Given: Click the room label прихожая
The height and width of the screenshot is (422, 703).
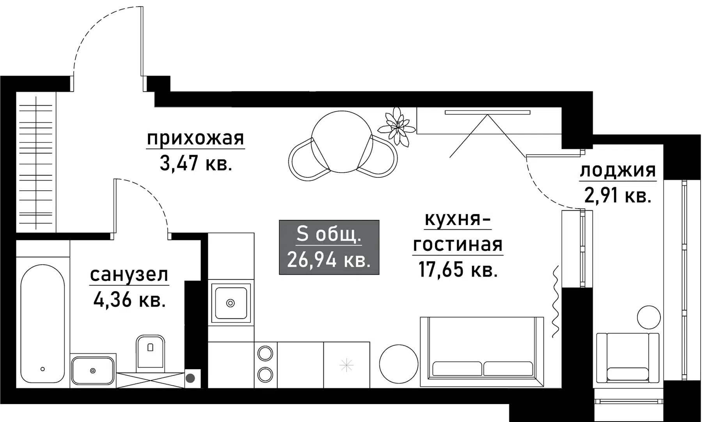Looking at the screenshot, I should [195, 139].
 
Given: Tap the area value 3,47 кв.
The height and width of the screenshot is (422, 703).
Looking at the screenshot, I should [196, 164].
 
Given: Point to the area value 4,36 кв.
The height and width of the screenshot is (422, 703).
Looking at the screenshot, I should [129, 300].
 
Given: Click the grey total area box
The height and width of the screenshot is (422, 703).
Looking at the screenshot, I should [329, 247].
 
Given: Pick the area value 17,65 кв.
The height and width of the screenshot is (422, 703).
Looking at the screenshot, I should [458, 269].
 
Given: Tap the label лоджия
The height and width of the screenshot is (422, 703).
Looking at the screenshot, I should [618, 171].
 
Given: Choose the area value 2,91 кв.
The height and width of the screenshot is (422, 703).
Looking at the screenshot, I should [618, 195].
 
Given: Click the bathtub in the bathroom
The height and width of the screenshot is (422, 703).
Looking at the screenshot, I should [43, 324].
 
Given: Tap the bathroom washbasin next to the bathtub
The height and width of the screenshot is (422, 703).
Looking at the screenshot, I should [93, 370].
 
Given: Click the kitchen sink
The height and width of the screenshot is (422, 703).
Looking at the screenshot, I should [231, 303].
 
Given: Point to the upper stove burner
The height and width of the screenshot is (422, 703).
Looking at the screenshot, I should [265, 354].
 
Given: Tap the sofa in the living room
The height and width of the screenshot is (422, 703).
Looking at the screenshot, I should [482, 352].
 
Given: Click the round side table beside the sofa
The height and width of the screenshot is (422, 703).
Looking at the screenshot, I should [399, 364].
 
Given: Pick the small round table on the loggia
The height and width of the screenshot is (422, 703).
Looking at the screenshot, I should [648, 317].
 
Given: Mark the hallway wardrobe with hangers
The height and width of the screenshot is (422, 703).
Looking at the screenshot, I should [36, 162].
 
